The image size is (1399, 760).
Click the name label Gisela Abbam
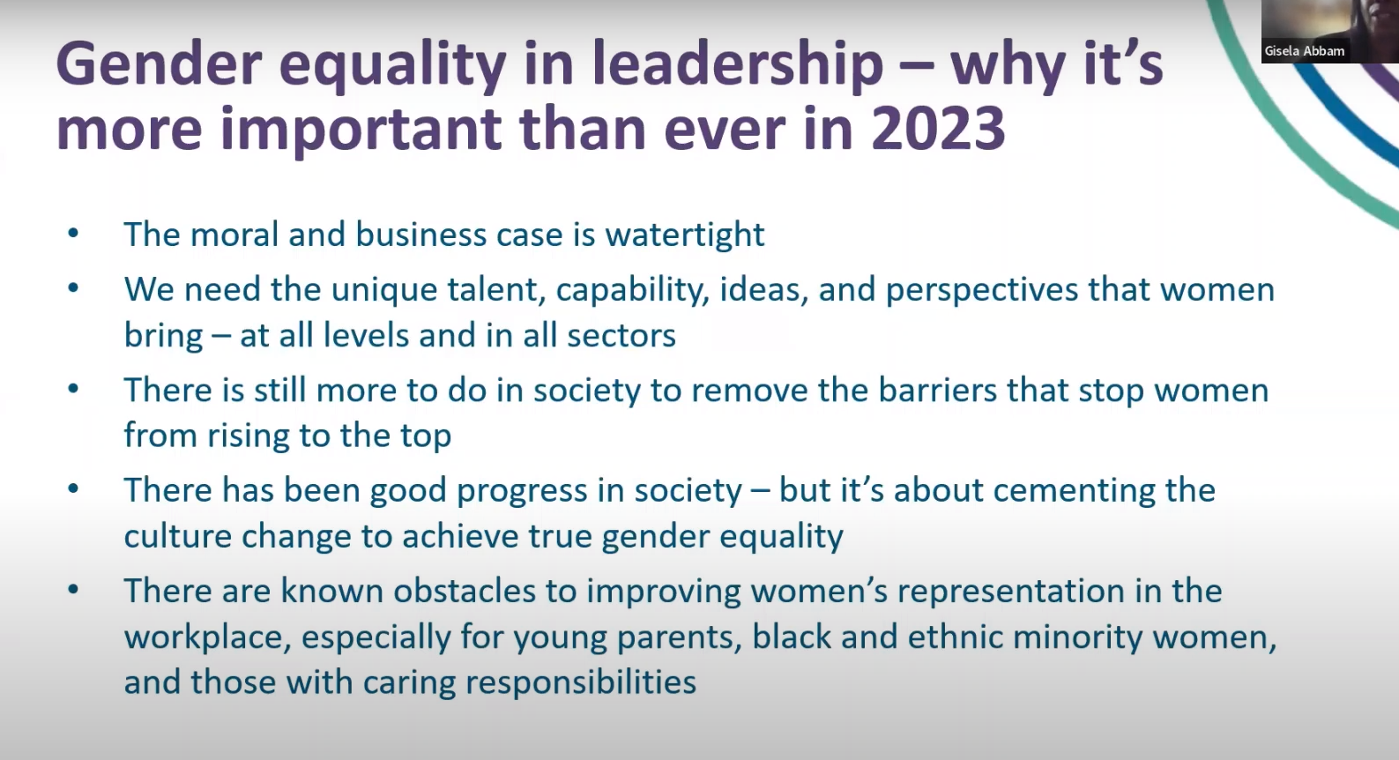pyautogui.click(x=1304, y=51)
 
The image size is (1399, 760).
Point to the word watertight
pyautogui.click(x=684, y=235)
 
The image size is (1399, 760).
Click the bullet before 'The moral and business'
pyautogui.click(x=73, y=234)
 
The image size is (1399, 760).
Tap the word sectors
pyautogui.click(x=621, y=335)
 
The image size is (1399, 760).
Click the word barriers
pyautogui.click(x=937, y=391)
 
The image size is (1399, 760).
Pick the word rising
pyautogui.click(x=249, y=436)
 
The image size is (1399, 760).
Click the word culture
pyautogui.click(x=177, y=536)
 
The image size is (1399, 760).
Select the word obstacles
pyautogui.click(x=464, y=591)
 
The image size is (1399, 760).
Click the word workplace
pyautogui.click(x=207, y=637)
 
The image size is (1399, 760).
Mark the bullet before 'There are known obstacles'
pyautogui.click(x=73, y=590)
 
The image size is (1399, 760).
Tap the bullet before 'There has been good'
pyautogui.click(x=73, y=489)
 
